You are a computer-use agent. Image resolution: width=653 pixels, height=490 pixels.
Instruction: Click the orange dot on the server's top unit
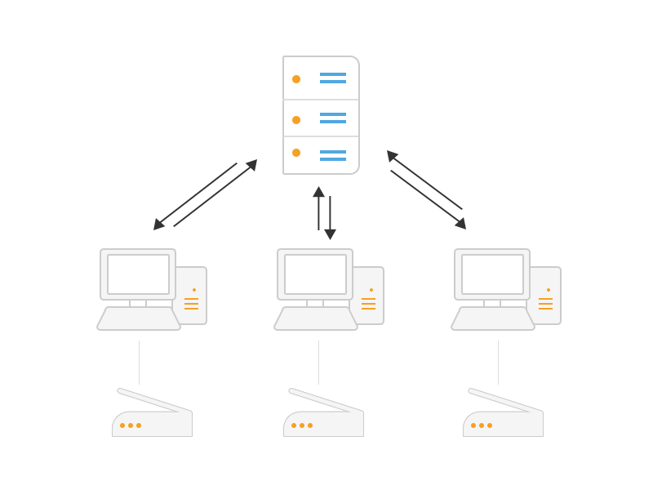pyautogui.click(x=296, y=79)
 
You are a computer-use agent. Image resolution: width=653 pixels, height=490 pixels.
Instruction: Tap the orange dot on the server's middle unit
pyautogui.click(x=296, y=120)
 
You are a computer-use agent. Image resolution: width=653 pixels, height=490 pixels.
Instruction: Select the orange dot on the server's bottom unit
pyautogui.click(x=296, y=153)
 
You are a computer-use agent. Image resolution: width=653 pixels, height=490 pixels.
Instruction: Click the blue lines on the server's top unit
pyautogui.click(x=333, y=78)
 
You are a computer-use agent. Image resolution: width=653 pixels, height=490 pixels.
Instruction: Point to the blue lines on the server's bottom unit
pyautogui.click(x=333, y=155)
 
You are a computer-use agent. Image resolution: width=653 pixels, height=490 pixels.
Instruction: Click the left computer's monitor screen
pyautogui.click(x=138, y=274)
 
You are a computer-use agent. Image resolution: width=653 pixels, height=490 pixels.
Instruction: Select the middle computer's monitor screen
pyautogui.click(x=315, y=274)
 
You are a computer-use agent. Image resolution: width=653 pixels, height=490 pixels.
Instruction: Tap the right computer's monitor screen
pyautogui.click(x=492, y=274)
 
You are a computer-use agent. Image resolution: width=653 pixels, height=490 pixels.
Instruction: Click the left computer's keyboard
pyautogui.click(x=139, y=318)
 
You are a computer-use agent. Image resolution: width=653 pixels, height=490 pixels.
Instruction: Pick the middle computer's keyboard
pyautogui.click(x=316, y=318)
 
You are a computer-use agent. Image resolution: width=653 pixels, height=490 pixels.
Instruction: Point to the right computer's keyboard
pyautogui.click(x=493, y=318)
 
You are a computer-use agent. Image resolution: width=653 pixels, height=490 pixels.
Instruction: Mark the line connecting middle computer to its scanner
pyautogui.click(x=318, y=363)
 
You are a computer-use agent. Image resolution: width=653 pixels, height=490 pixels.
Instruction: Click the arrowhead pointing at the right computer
pyautogui.click(x=461, y=223)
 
